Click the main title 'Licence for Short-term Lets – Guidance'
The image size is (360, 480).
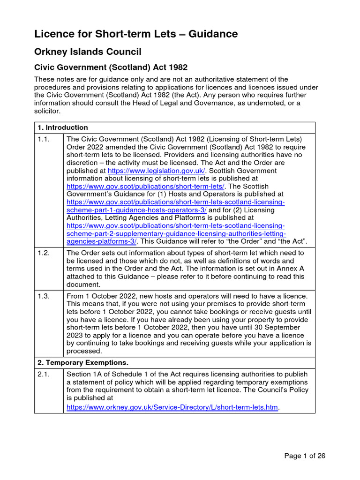(x=136, y=34)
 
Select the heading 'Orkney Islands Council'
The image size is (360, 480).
(x=88, y=52)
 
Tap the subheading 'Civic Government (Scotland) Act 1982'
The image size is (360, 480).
(x=111, y=67)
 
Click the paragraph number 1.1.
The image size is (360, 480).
(x=45, y=140)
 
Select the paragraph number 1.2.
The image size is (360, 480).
(x=45, y=253)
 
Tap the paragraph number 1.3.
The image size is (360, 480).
(x=45, y=296)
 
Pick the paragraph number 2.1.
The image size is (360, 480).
(x=45, y=375)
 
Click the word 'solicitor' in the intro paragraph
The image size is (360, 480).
(x=48, y=111)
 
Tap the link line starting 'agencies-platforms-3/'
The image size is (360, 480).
(x=102, y=241)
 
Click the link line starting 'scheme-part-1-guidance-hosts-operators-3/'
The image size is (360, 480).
(x=136, y=210)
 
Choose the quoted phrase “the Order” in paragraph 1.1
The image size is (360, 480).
(x=247, y=241)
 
